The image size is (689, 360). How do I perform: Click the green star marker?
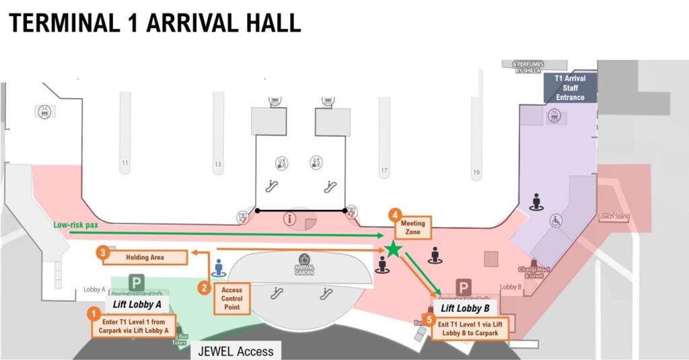tap(394, 250)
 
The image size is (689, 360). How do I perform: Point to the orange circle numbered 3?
tap(102, 253)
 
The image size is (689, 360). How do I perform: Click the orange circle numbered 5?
tap(430, 320)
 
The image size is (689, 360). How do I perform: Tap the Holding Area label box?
tap(145, 257)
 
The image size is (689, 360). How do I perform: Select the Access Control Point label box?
tap(231, 298)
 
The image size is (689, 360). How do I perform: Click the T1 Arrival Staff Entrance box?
tap(570, 88)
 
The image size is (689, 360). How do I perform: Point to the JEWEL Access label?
tap(235, 351)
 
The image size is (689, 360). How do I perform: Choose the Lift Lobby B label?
tap(465, 308)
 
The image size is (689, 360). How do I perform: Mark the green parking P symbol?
tap(137, 282)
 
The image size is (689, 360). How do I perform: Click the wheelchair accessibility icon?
tap(557, 219)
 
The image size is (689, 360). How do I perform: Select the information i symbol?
tap(291, 219)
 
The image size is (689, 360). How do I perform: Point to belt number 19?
tap(476, 173)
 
